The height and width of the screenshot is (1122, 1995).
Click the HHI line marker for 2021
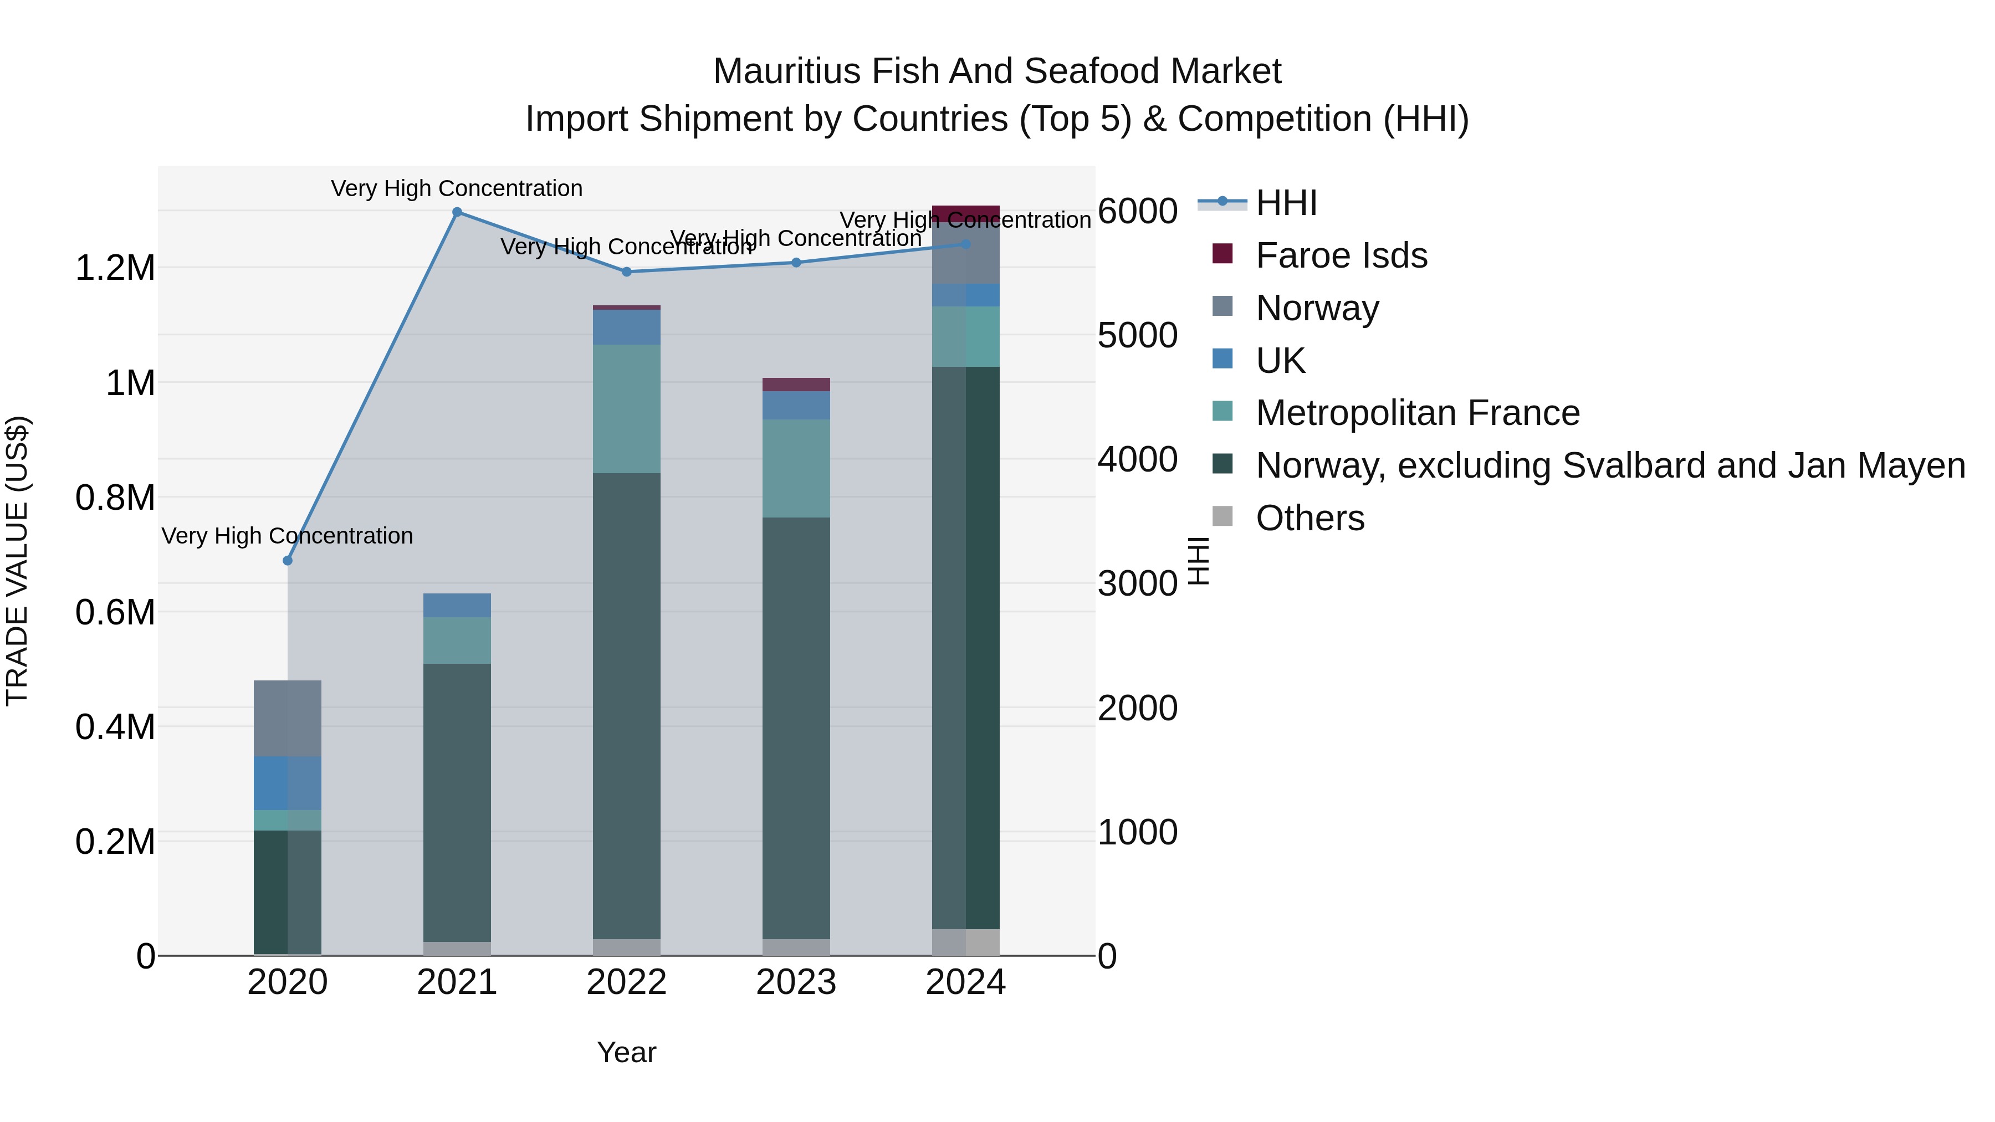point(457,212)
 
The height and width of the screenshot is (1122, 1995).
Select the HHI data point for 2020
point(287,561)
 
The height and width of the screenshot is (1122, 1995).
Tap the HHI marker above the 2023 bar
point(796,263)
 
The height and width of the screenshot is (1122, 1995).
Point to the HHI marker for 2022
point(627,272)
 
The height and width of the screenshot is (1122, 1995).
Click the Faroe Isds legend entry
point(1341,255)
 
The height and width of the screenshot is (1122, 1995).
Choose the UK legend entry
point(1280,361)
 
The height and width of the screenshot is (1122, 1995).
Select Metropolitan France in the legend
point(1416,413)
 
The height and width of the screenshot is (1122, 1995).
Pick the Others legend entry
point(1309,519)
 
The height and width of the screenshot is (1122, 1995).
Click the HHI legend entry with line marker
point(1286,203)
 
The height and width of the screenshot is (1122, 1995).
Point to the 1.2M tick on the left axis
point(115,269)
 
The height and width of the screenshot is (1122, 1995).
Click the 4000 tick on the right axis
point(1137,459)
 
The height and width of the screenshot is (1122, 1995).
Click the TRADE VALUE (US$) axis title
point(17,561)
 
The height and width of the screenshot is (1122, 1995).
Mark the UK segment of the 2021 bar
point(457,606)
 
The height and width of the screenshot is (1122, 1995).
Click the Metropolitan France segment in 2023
point(796,468)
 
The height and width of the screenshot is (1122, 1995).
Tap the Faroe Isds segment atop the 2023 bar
point(796,385)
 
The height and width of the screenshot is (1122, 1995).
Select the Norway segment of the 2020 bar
point(287,719)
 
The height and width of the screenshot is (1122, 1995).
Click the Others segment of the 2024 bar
point(966,942)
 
